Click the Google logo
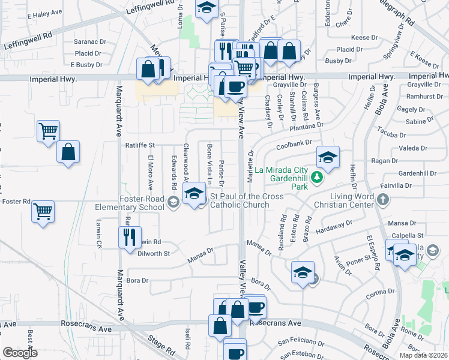click(20, 353)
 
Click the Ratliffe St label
click(140, 145)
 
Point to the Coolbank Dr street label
click(294, 145)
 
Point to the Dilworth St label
click(154, 254)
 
